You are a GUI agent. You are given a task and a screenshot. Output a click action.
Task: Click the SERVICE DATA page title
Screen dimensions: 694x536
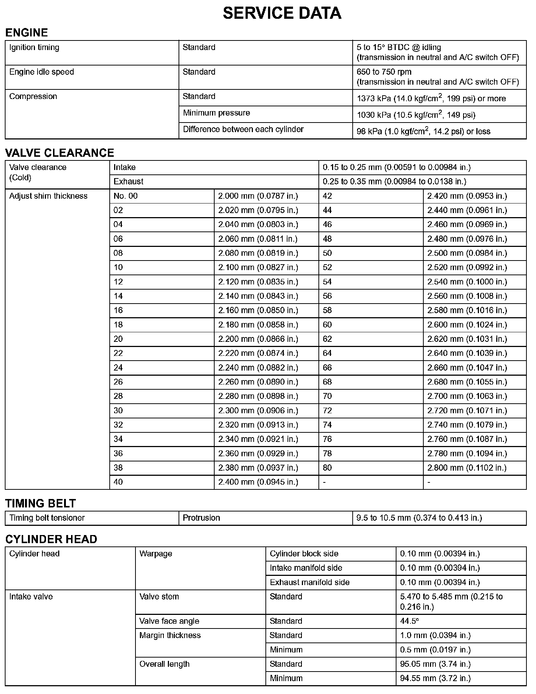coord(282,13)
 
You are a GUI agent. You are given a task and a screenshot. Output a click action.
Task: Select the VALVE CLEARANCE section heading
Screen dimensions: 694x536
coord(60,153)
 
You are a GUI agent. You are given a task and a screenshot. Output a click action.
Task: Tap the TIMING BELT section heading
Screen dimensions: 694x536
coord(40,503)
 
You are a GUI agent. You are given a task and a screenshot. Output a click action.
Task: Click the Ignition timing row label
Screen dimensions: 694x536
coord(34,47)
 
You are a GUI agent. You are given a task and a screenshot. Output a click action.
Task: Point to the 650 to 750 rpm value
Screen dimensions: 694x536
coord(384,72)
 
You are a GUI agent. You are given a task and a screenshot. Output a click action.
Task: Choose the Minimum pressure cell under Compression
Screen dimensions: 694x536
coord(216,113)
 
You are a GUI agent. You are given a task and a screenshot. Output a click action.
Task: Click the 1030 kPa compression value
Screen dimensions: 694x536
coord(416,115)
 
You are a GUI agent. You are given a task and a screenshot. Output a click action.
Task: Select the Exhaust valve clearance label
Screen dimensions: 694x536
coord(128,181)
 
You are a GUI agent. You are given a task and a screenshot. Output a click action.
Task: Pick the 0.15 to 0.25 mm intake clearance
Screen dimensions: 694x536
coord(396,167)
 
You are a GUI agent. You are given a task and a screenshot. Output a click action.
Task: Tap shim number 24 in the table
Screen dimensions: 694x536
coord(118,368)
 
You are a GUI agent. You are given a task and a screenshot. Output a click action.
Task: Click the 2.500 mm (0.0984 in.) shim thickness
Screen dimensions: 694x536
coord(467,253)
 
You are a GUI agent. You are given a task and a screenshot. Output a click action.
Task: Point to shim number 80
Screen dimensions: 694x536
coord(327,468)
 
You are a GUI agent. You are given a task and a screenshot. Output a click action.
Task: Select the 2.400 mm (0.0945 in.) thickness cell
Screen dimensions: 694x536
coord(258,482)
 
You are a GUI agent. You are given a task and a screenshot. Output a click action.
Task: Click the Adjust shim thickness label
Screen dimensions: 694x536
coord(48,196)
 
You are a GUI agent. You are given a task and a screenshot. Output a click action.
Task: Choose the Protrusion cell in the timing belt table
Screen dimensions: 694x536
coord(201,518)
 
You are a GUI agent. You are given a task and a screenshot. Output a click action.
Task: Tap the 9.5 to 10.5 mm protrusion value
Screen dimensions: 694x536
coord(419,518)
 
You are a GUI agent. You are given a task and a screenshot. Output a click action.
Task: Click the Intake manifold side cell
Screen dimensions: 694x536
coord(306,568)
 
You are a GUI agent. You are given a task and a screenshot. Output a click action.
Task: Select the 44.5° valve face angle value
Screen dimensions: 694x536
coord(409,621)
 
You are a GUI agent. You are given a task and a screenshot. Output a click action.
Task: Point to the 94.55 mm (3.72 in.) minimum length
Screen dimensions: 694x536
coord(435,678)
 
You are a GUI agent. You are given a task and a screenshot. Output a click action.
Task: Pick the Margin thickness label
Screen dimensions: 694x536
coord(170,635)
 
